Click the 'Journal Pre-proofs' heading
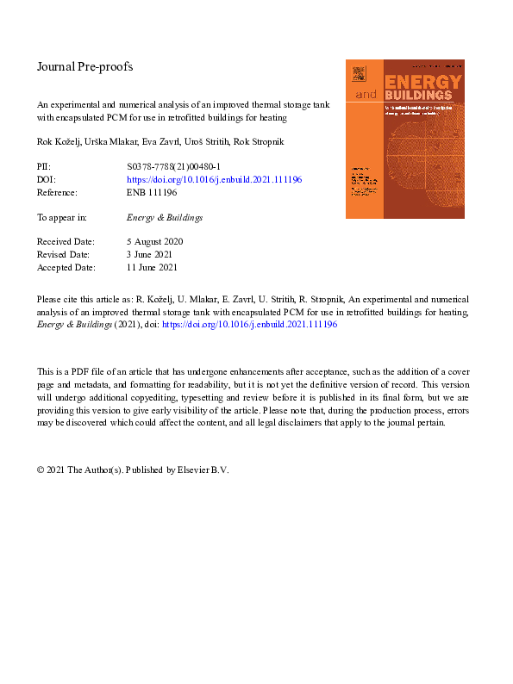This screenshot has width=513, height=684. pyautogui.click(x=84, y=66)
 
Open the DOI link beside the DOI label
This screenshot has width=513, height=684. pyautogui.click(x=214, y=180)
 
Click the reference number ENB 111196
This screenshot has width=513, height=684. pyautogui.click(x=152, y=193)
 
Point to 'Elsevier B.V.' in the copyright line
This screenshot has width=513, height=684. pyautogui.click(x=203, y=470)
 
